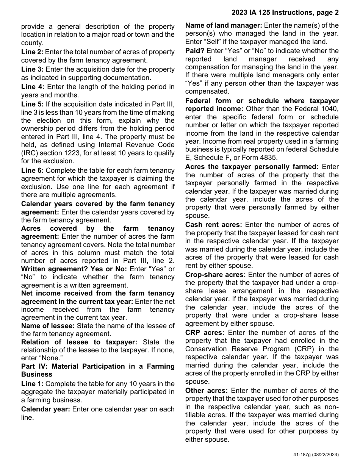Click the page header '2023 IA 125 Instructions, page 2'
coord(285,13)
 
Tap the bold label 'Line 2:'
coord(32,52)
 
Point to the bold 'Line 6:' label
coord(32,170)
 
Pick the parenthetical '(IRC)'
coord(30,153)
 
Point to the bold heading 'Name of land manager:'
coord(224,25)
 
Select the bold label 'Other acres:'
coord(206,391)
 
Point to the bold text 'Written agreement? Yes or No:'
coord(74,269)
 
